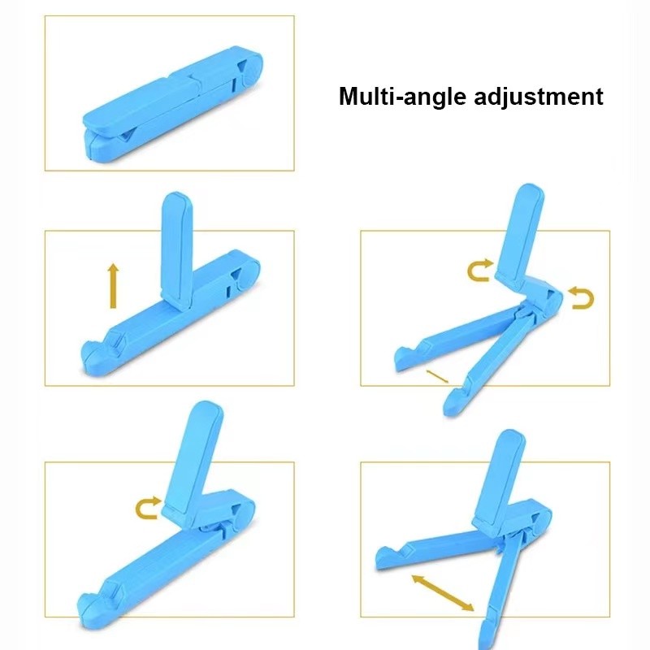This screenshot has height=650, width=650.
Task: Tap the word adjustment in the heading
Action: (539, 96)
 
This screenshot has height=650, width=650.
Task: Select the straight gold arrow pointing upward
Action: (113, 286)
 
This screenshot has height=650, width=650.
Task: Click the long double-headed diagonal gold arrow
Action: (442, 593)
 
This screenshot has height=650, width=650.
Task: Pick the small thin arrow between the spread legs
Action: (437, 376)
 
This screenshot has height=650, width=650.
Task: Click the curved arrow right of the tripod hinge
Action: (581, 297)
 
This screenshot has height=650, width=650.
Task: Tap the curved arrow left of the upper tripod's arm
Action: (480, 270)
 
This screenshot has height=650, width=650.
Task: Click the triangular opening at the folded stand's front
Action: (126, 136)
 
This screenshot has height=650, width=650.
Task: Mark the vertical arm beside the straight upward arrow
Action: (176, 250)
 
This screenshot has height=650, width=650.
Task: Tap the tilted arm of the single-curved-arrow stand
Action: (193, 463)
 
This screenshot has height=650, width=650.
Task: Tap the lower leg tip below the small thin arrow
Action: (455, 401)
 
